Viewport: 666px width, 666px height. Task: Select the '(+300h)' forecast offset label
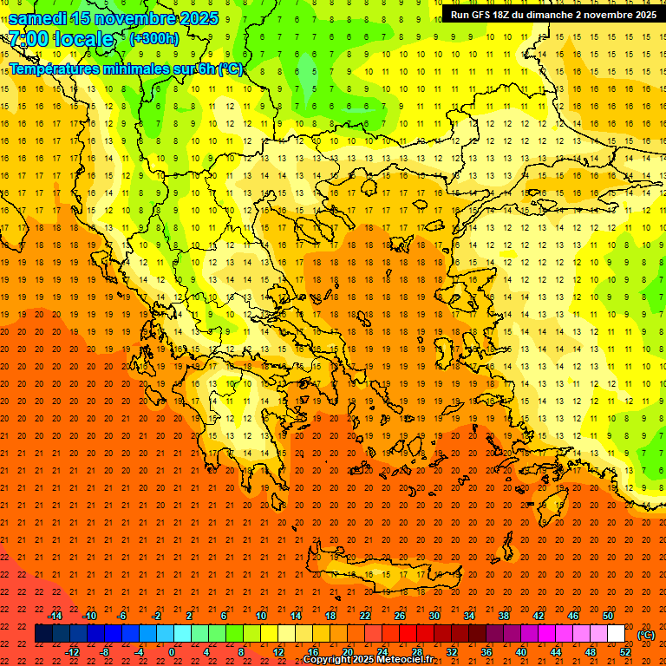tap(153, 38)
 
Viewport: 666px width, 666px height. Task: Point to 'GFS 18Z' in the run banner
tap(493, 14)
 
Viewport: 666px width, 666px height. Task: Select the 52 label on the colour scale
tap(625, 652)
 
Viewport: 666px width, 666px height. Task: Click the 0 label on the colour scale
tap(171, 652)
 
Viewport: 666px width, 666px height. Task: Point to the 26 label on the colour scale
tap(400, 616)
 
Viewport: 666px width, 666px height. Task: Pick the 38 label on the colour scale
tap(504, 616)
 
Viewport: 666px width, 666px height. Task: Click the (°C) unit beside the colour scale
tap(646, 635)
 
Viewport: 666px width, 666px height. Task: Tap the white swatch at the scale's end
tap(616, 634)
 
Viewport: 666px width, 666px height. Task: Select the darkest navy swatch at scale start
tap(43, 634)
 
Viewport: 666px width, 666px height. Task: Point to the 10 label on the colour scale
tap(261, 616)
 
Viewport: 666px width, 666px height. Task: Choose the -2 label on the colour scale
tap(157, 616)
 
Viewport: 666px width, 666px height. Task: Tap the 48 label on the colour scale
tap(591, 652)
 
